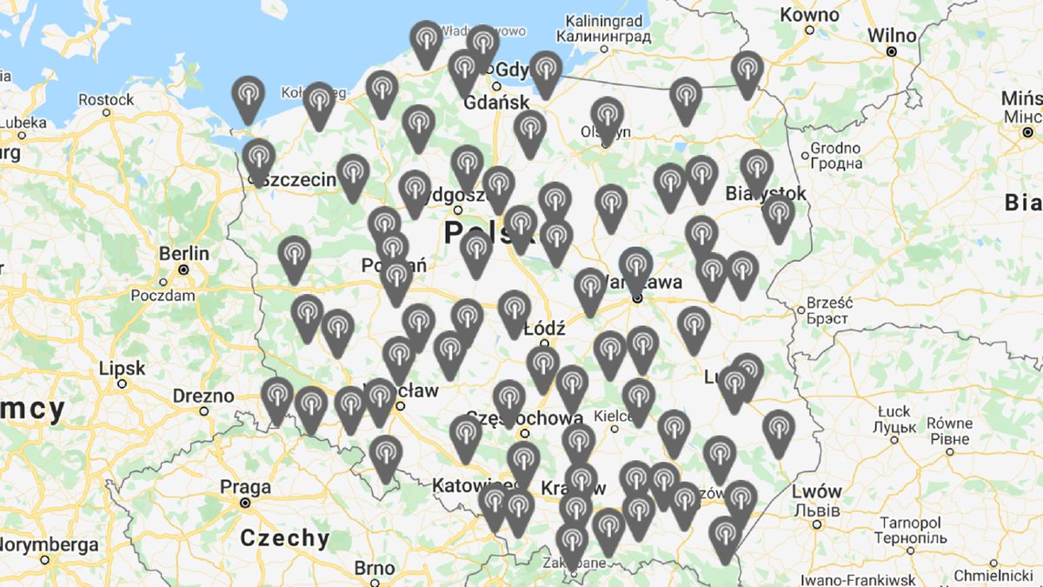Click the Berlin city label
(184, 254)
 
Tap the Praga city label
(245, 487)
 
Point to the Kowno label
(809, 15)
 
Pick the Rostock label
(106, 99)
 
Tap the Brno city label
(375, 569)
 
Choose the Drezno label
(203, 396)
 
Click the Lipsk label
(122, 367)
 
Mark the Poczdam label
(163, 296)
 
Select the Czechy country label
(285, 537)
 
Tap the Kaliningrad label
(604, 20)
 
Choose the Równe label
(949, 424)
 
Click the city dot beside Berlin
(184, 270)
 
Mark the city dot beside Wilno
(891, 52)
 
